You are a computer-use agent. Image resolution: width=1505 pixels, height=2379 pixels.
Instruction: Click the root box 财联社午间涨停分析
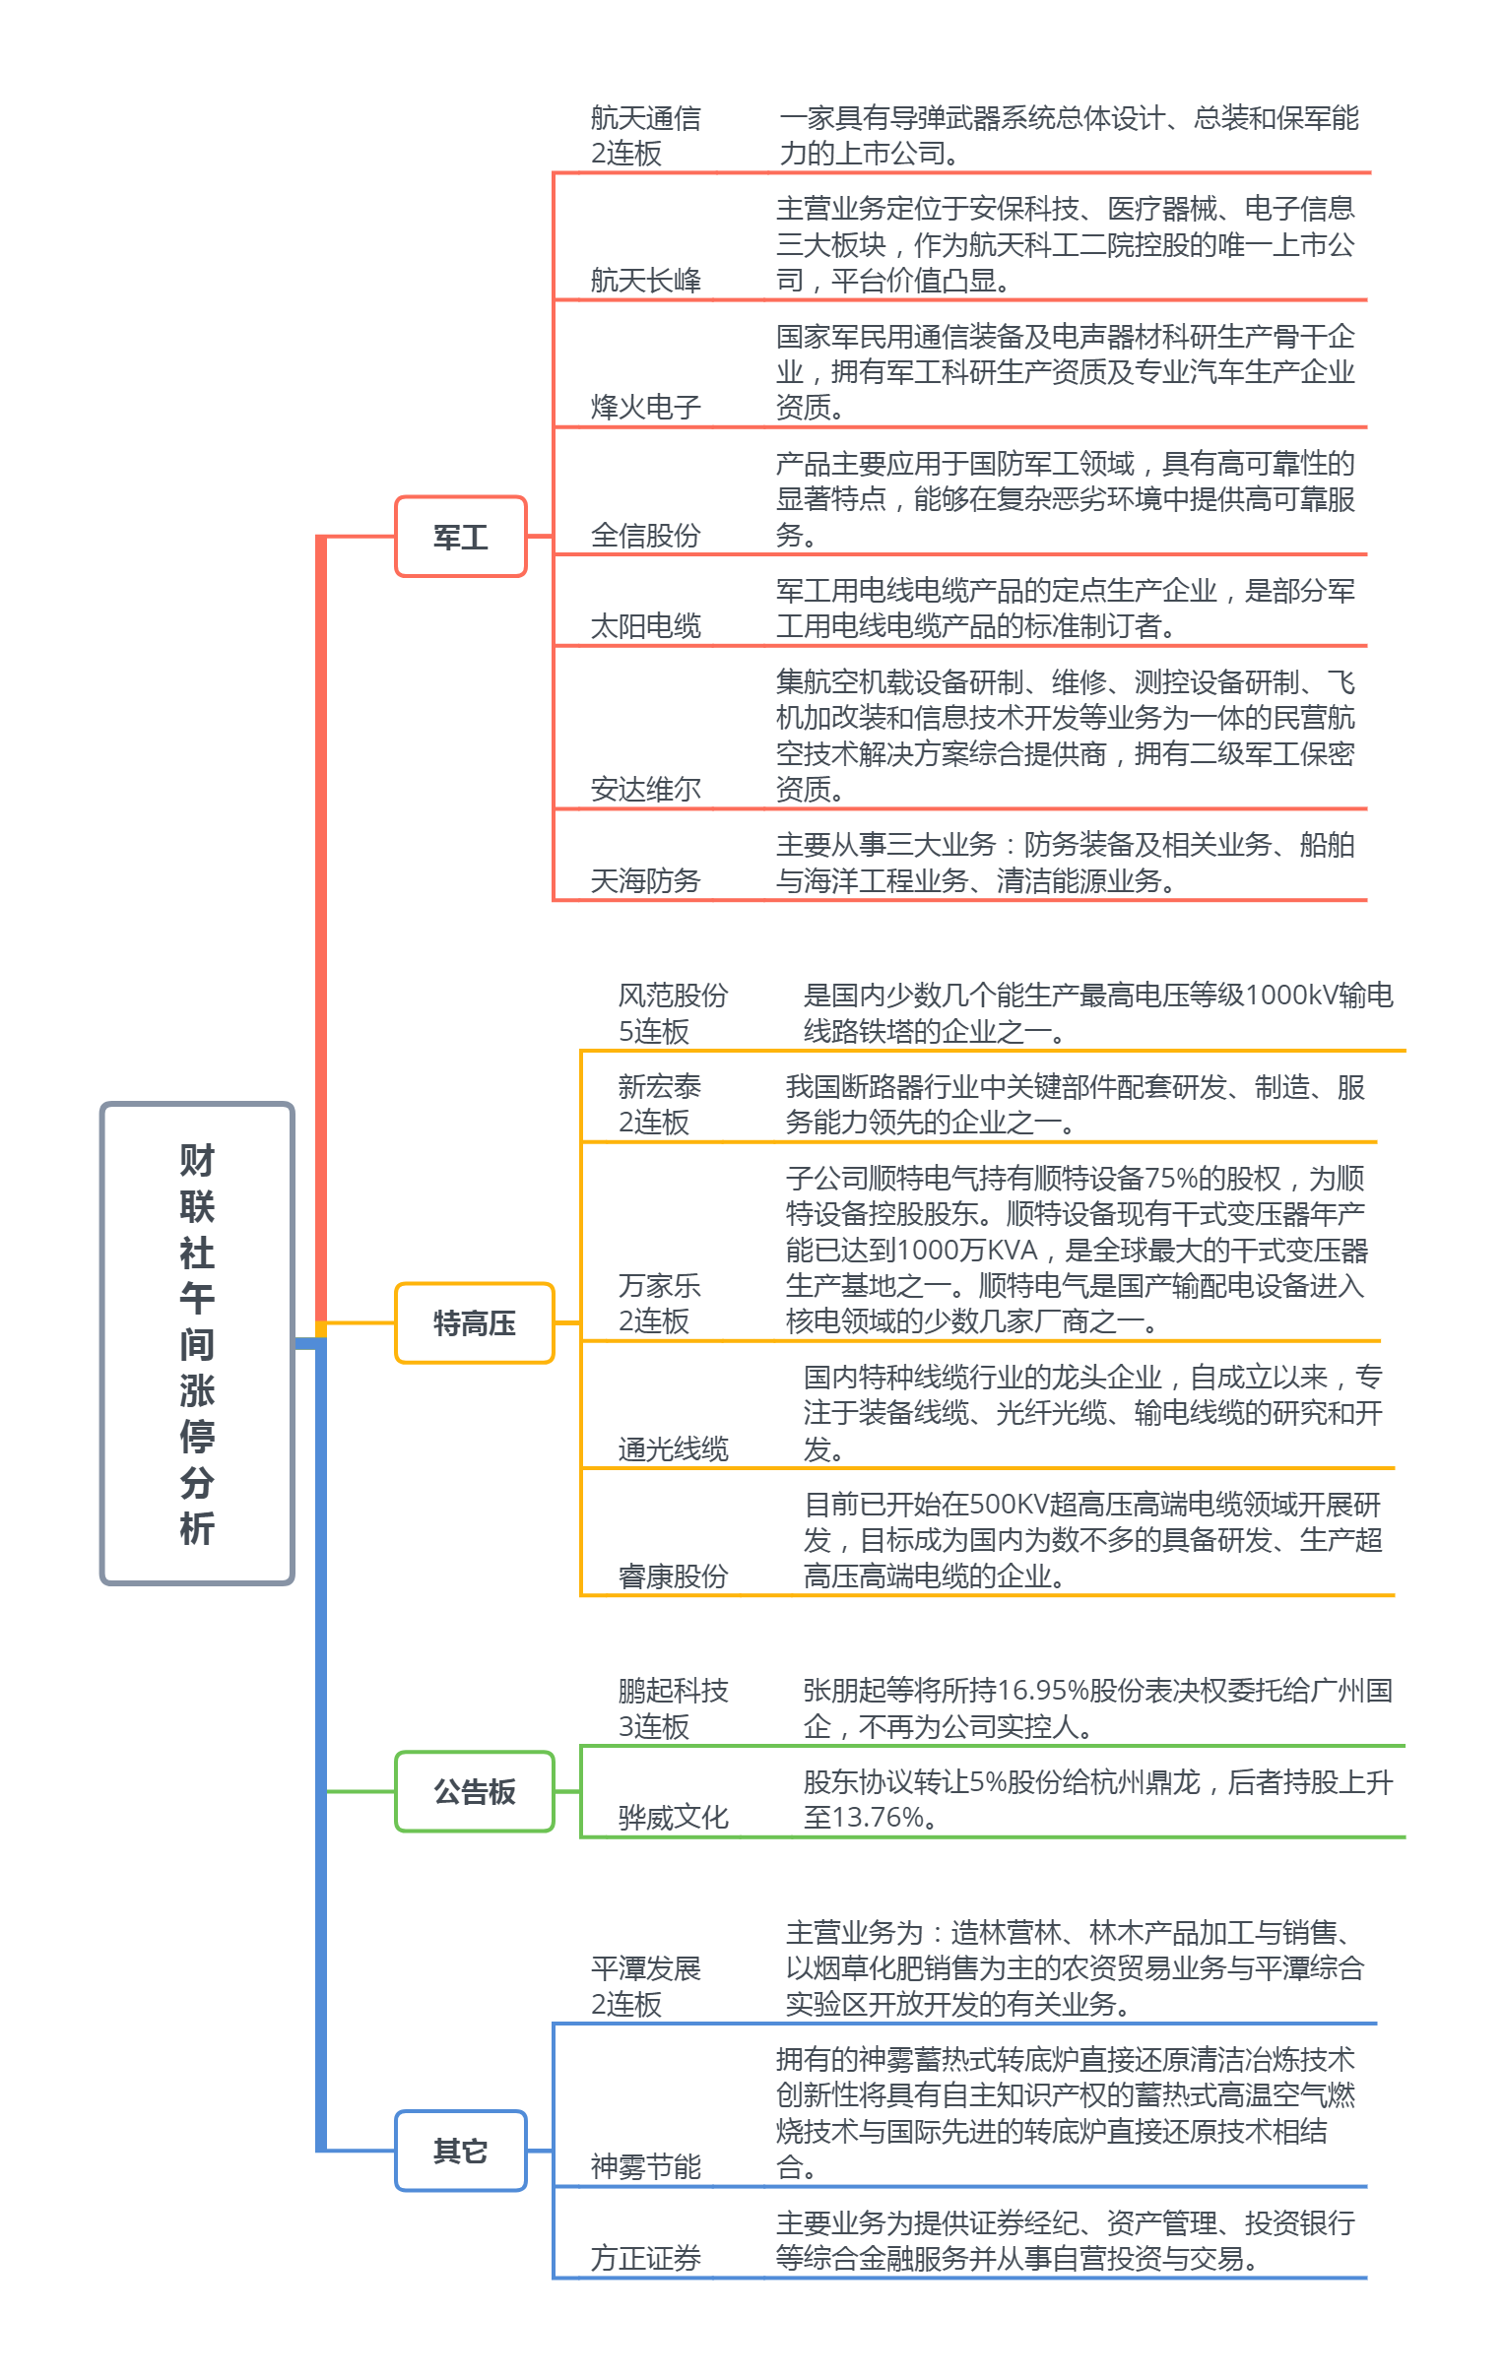click(197, 1343)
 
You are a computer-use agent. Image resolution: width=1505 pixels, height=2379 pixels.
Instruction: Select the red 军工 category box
click(461, 537)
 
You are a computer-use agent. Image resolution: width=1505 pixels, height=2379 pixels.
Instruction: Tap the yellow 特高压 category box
click(475, 1322)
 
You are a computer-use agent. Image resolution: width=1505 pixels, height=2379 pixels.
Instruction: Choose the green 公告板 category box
click(475, 1791)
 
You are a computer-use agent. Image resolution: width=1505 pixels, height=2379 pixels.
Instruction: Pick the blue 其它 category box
click(461, 2151)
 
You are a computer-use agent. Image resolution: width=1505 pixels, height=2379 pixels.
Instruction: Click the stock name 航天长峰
click(645, 281)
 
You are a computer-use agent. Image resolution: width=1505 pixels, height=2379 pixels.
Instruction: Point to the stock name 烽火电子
click(645, 407)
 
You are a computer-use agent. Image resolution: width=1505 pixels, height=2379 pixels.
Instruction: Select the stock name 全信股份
click(645, 536)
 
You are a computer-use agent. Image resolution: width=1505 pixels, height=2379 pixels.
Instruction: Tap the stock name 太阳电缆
click(645, 626)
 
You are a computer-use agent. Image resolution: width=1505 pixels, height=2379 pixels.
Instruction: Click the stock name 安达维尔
click(645, 790)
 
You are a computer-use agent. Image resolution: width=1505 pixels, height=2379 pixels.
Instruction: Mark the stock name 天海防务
click(645, 880)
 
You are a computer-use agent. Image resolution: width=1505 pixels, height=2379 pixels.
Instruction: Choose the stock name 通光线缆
click(673, 1449)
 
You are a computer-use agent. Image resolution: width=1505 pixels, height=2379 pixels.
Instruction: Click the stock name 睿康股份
click(673, 1575)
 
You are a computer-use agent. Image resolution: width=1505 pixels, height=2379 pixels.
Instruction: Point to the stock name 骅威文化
click(673, 1817)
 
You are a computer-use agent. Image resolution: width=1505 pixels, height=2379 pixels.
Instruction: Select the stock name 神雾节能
click(645, 2166)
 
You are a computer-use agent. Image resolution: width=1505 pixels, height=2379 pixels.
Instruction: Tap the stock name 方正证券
click(645, 2258)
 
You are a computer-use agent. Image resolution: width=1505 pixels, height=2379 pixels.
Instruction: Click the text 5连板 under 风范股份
click(653, 1031)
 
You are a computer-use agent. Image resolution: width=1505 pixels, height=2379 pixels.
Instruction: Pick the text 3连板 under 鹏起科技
click(653, 1727)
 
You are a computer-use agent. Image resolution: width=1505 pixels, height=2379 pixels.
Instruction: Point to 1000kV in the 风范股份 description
click(1291, 995)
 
